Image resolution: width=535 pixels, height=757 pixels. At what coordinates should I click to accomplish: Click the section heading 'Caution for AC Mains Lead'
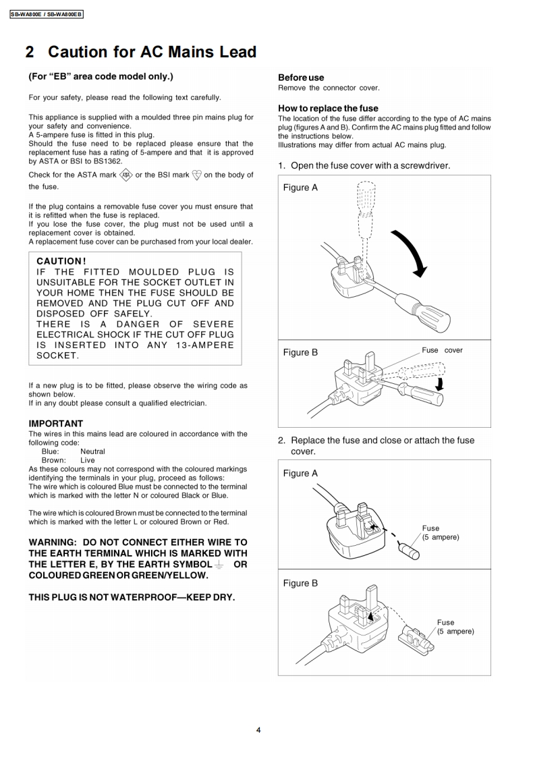pos(152,52)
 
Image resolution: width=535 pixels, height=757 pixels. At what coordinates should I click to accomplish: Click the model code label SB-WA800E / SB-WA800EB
pos(47,13)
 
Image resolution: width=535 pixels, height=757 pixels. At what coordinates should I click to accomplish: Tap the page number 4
pos(258,729)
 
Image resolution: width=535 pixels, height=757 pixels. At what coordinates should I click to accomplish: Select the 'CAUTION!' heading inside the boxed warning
pos(61,260)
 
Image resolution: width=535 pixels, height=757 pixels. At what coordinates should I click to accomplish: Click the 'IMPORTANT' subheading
pos(56,424)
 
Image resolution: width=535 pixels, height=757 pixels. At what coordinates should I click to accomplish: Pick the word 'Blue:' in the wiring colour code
pos(51,451)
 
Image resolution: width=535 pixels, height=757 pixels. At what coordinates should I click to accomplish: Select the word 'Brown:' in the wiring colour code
pos(53,460)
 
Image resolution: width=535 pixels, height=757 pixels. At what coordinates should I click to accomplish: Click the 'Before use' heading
pos(301,78)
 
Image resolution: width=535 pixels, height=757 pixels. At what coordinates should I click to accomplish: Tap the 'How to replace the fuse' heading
pos(328,108)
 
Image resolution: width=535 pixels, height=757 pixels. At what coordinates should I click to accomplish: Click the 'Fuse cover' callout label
pos(442,350)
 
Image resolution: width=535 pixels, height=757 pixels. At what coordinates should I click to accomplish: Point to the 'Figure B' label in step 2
pos(300,583)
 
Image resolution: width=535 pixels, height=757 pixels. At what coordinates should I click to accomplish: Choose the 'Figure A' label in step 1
pos(300,188)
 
